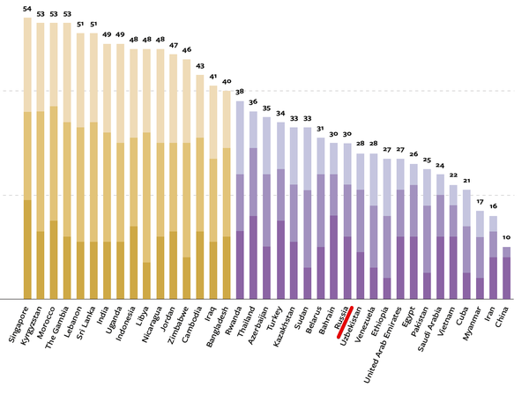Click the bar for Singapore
pos(27,159)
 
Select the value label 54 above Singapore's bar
pos(27,8)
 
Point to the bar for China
pos(506,272)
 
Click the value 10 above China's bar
pos(506,238)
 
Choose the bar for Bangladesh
pos(227,194)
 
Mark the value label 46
pos(186,49)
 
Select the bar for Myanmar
pos(480,255)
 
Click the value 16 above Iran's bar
pos(493,206)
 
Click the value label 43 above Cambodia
pos(200,65)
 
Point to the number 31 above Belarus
pos(320,129)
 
